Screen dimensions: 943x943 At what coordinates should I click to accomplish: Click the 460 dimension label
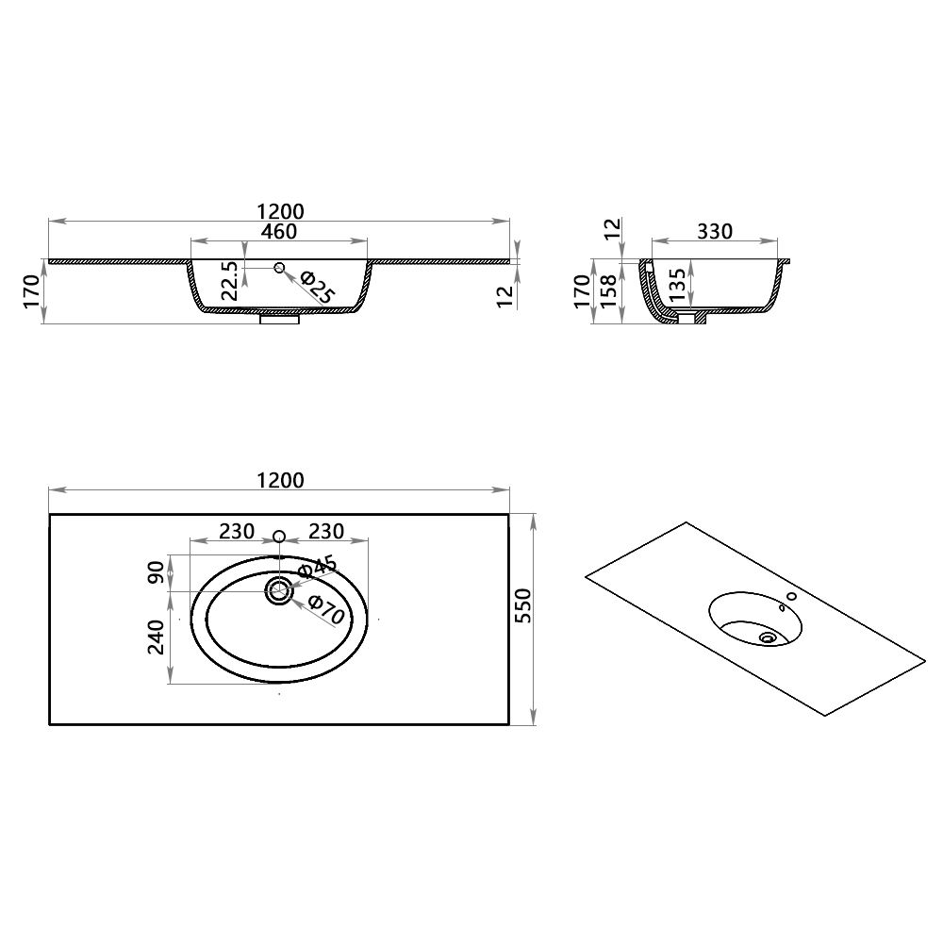point(279,231)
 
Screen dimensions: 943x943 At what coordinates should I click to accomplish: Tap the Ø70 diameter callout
point(324,611)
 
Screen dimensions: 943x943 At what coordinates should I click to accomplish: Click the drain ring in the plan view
point(279,591)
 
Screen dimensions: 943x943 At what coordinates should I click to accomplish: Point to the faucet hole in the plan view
point(279,537)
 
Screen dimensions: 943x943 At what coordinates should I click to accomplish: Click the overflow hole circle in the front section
point(279,269)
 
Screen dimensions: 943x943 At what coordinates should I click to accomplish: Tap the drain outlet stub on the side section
point(691,319)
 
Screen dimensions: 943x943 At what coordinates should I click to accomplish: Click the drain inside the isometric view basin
point(768,637)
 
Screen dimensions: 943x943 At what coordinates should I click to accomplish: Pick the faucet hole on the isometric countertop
point(791,595)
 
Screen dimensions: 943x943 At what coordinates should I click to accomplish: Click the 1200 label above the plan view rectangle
point(279,480)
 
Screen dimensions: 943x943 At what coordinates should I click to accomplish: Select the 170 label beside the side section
point(582,290)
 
